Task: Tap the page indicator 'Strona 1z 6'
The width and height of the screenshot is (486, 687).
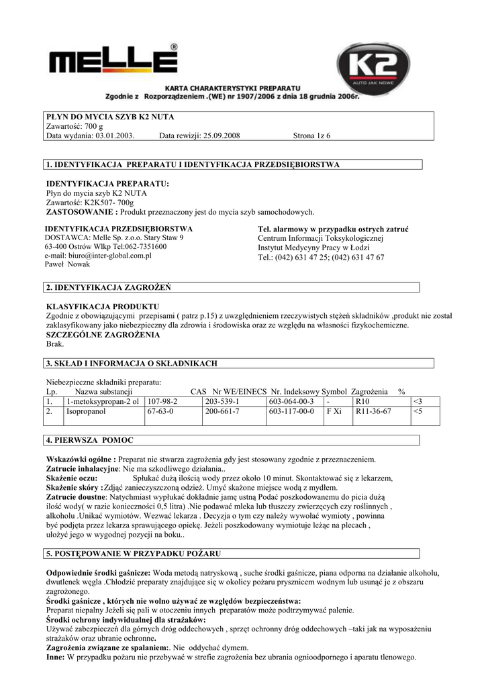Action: click(312, 136)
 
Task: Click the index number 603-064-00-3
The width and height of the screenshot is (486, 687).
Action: click(291, 401)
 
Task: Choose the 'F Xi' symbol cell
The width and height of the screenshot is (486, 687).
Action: click(334, 411)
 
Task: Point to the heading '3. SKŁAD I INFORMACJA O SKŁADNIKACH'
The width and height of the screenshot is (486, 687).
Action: click(131, 364)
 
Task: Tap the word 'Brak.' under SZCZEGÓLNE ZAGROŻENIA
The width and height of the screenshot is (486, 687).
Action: click(55, 343)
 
